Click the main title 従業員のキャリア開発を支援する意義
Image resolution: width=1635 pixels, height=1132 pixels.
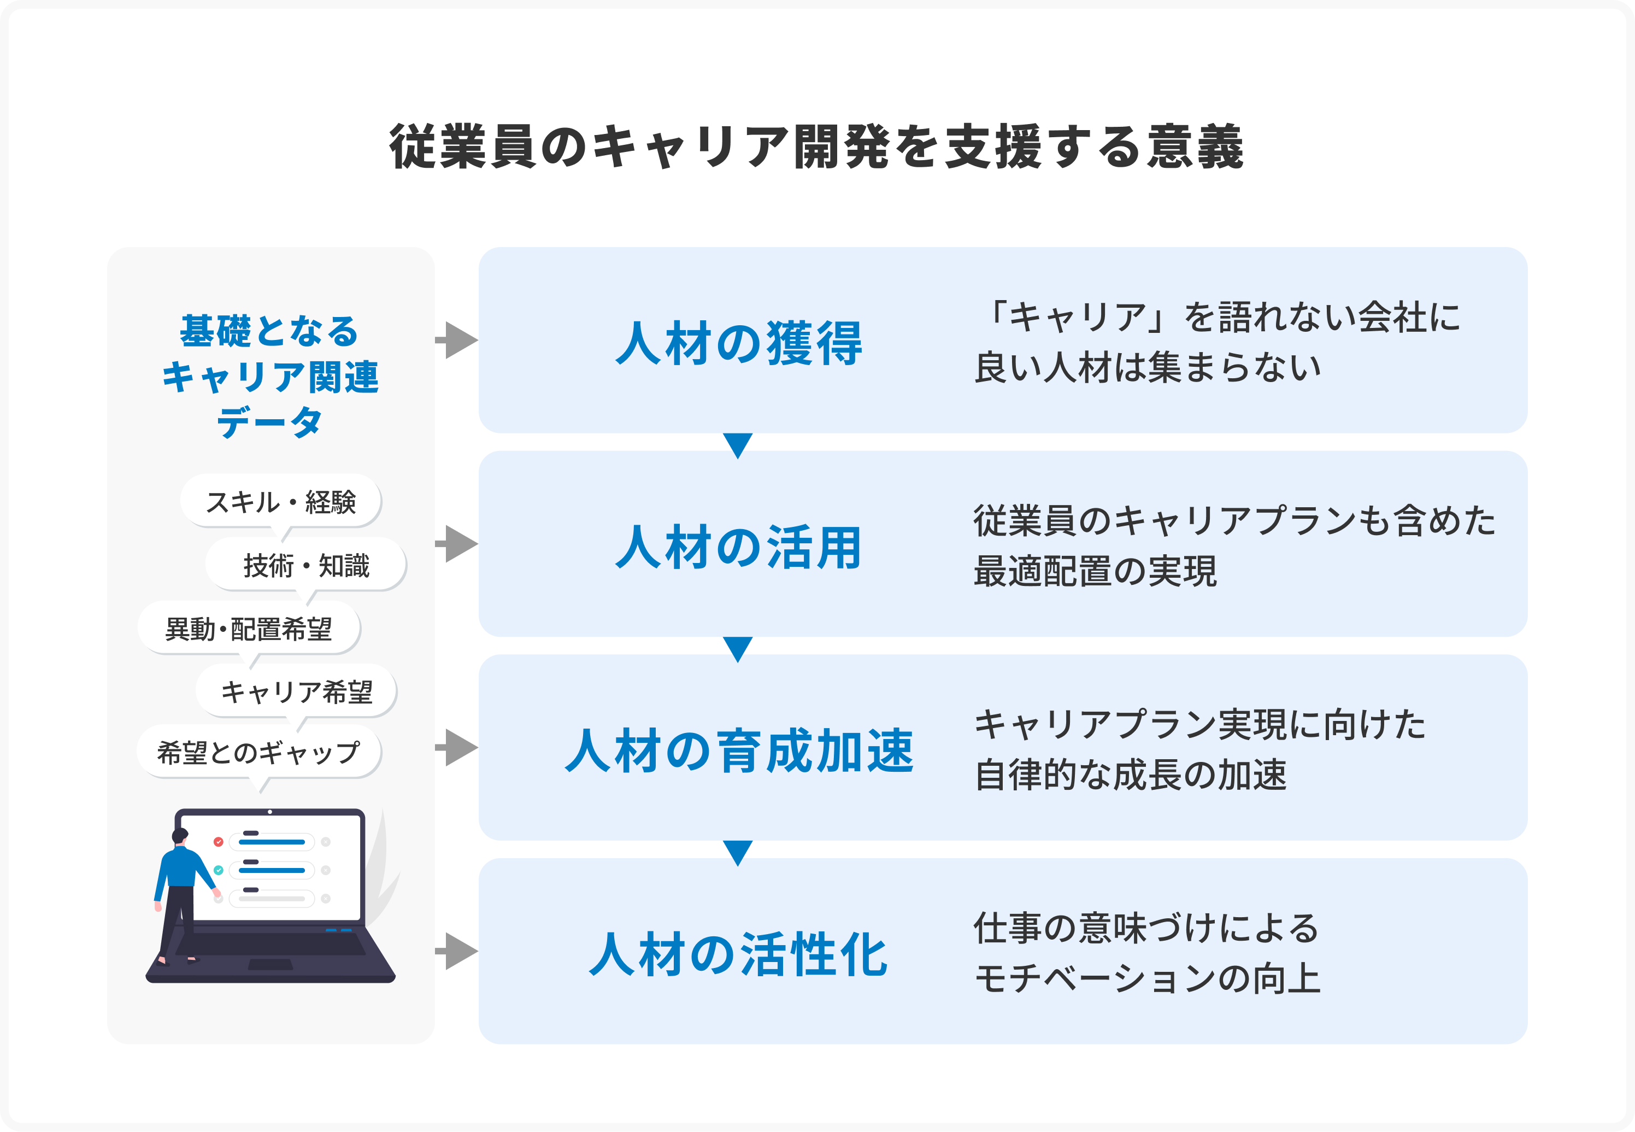tap(817, 147)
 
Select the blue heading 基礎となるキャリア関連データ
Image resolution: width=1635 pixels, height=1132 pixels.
tap(270, 376)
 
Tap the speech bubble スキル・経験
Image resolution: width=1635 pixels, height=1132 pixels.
tap(281, 501)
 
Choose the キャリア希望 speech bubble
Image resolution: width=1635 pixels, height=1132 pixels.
tap(296, 691)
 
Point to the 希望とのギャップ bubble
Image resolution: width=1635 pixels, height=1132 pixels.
tap(259, 752)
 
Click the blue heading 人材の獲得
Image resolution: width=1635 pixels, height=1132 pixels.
tap(739, 343)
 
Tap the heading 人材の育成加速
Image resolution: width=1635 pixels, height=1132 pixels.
tap(739, 750)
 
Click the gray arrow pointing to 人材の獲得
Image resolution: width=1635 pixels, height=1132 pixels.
tap(457, 341)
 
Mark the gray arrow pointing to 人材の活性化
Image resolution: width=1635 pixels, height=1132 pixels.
tap(457, 951)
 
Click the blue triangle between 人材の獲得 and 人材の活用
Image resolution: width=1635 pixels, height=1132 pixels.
tap(738, 444)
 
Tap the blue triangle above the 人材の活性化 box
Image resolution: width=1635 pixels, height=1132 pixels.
tap(738, 852)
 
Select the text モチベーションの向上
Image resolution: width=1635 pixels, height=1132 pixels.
tap(1147, 979)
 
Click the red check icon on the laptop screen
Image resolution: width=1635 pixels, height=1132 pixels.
tap(219, 842)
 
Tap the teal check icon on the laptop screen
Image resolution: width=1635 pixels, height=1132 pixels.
tap(219, 870)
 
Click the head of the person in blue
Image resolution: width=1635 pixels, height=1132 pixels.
tap(180, 836)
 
